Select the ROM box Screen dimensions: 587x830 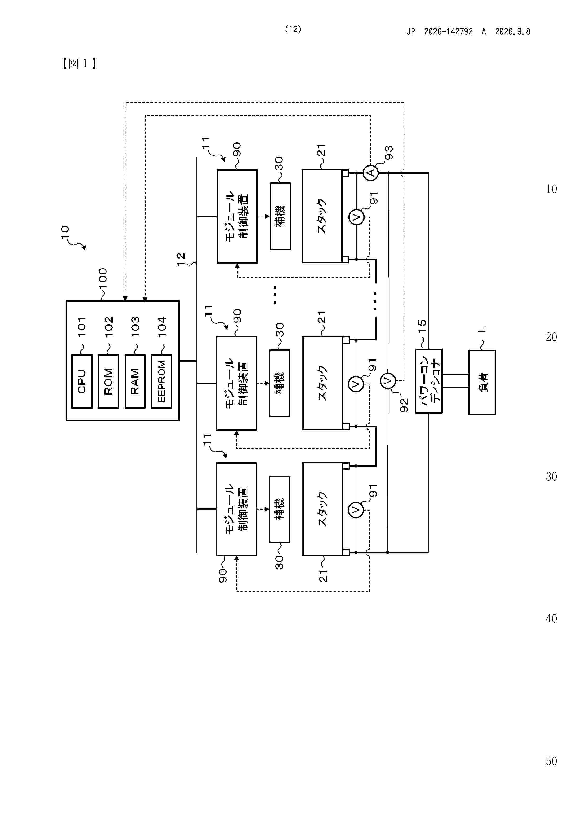click(x=108, y=381)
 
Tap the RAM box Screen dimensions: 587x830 click(x=135, y=381)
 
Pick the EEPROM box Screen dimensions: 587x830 click(x=162, y=381)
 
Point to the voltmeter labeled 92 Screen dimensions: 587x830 click(x=388, y=381)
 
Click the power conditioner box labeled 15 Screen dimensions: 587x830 click(x=429, y=381)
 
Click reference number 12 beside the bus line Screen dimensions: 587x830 click(x=181, y=259)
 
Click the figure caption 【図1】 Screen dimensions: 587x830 click(x=79, y=64)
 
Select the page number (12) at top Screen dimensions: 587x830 click(x=293, y=29)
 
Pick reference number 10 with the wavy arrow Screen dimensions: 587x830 click(x=65, y=232)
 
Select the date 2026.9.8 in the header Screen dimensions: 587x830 click(x=512, y=31)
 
